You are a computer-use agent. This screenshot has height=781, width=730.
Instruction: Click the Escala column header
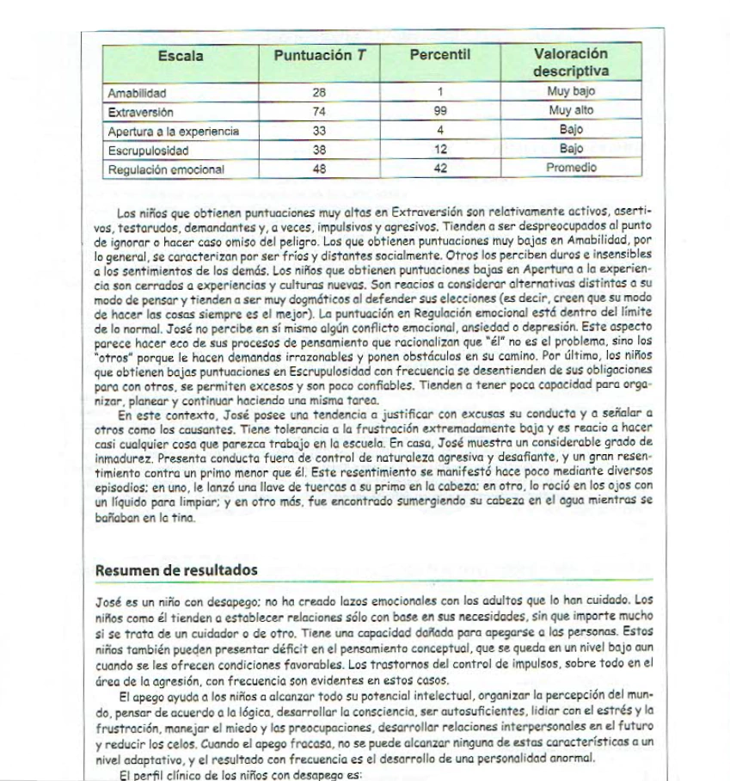point(181,57)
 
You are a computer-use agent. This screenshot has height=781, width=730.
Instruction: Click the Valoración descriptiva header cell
point(570,63)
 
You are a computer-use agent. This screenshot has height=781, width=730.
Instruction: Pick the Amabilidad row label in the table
point(138,93)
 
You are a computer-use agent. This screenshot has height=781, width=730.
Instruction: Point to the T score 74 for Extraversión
point(320,112)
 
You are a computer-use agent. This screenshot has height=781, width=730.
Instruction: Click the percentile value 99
point(440,112)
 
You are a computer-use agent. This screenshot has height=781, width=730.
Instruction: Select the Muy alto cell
point(571,111)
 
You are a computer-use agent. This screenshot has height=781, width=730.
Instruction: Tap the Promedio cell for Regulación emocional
point(571,169)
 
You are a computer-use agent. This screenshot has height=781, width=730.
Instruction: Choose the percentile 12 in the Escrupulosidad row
point(440,150)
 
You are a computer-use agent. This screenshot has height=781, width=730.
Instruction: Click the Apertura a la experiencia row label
point(172,132)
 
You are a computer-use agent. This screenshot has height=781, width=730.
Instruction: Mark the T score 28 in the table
point(320,93)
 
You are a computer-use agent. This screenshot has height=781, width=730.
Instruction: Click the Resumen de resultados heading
point(176,569)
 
